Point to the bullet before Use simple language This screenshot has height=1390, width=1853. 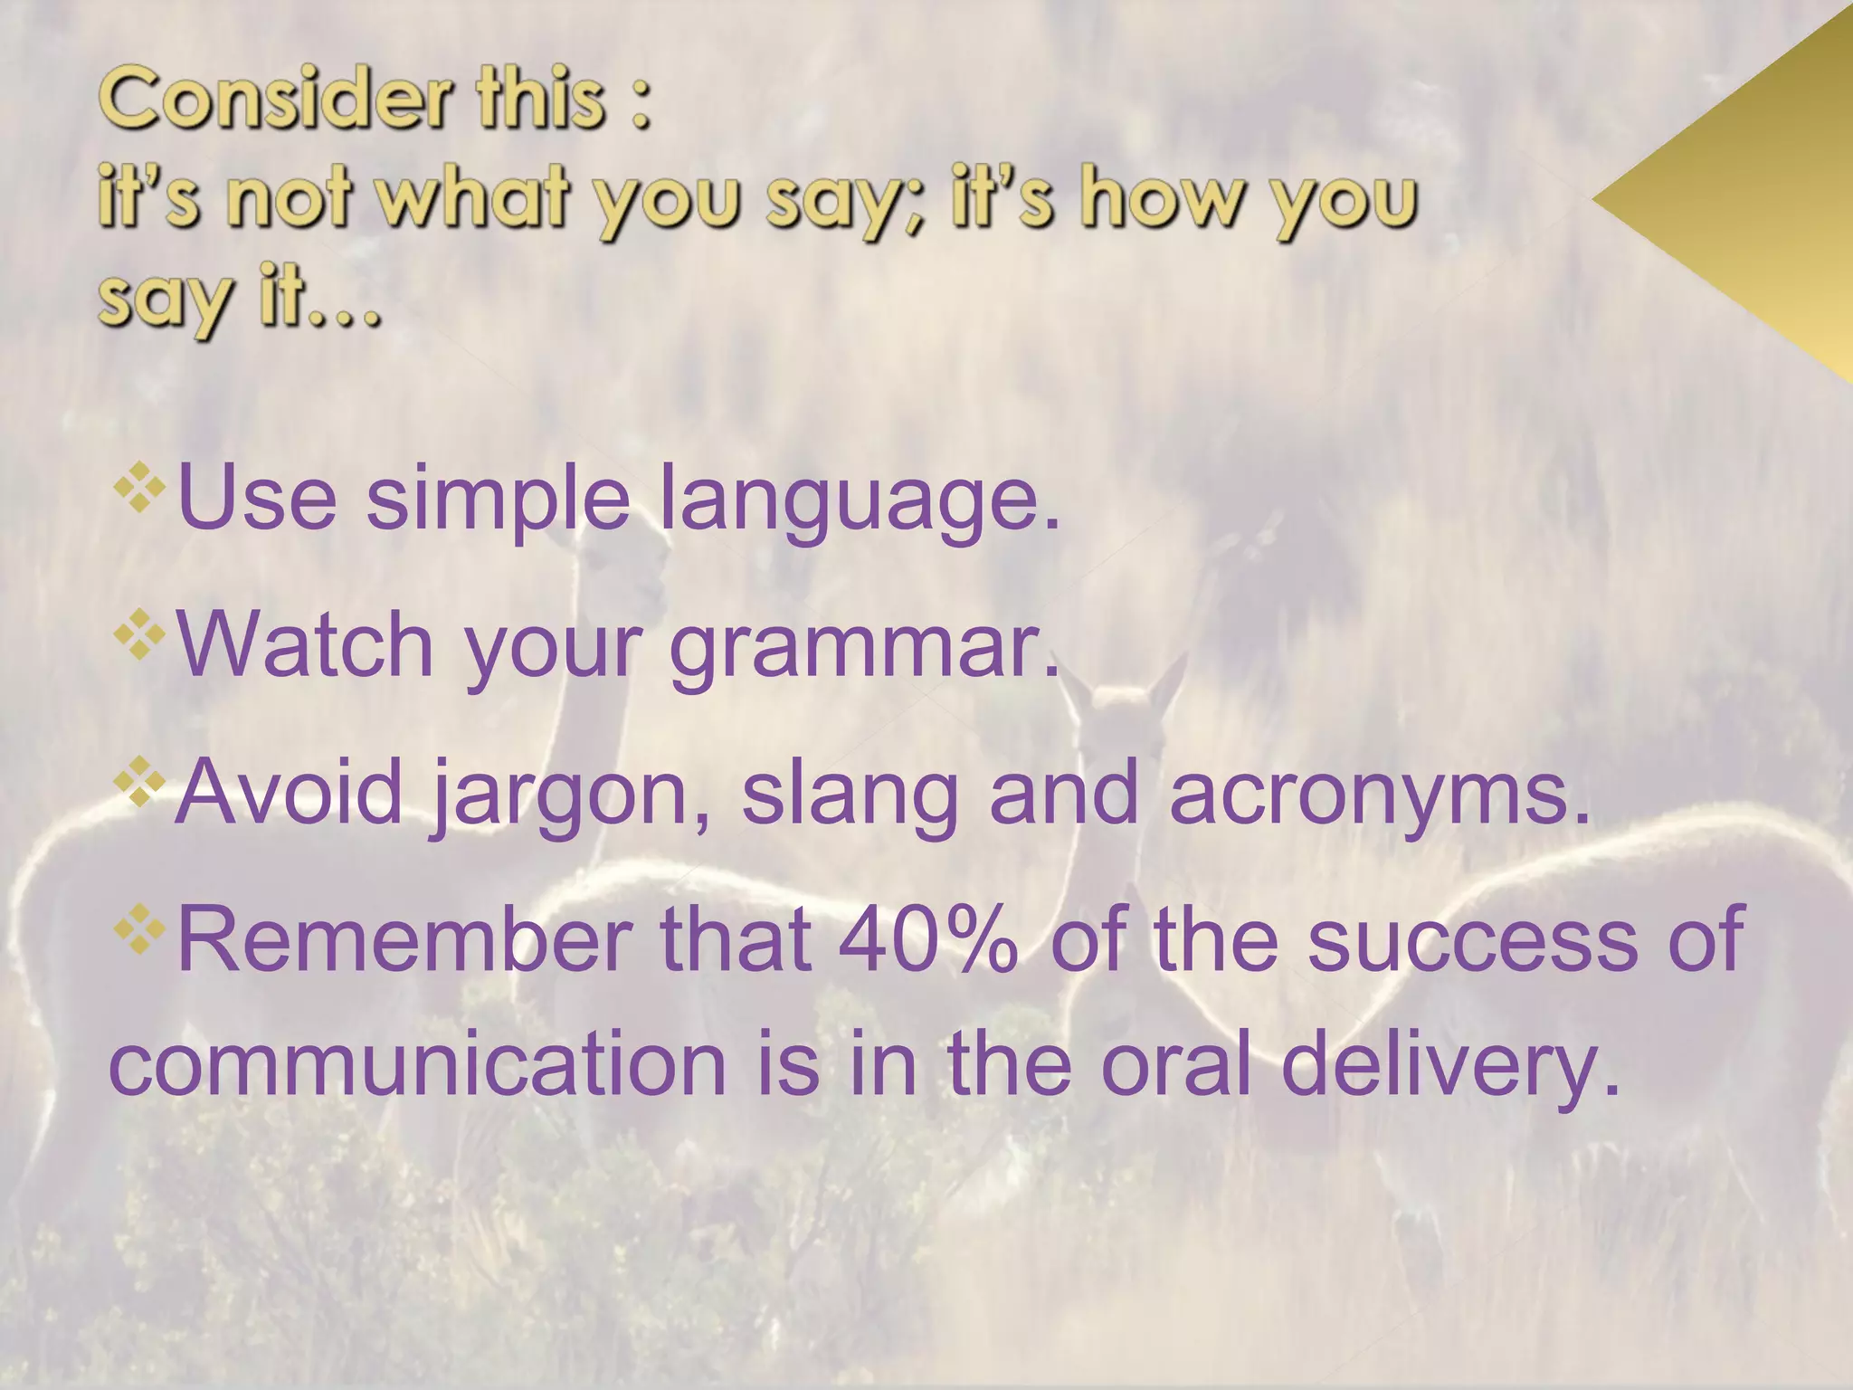(x=139, y=488)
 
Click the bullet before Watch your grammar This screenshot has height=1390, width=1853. (x=139, y=634)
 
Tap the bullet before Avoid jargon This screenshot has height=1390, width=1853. (x=139, y=781)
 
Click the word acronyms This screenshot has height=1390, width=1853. (x=1379, y=795)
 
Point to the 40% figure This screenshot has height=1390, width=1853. (x=928, y=941)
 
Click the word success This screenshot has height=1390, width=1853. (x=1472, y=941)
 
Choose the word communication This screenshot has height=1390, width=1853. (x=418, y=1064)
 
